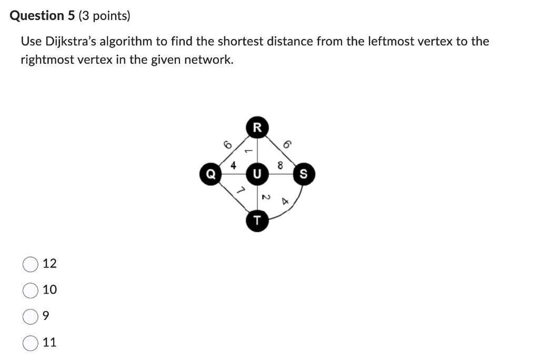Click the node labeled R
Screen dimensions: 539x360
tap(257, 127)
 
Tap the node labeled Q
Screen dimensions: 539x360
tap(211, 173)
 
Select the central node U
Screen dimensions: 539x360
tap(257, 173)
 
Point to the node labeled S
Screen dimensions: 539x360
tap(304, 173)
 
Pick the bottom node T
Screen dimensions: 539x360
tap(257, 219)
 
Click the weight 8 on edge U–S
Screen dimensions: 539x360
tap(280, 165)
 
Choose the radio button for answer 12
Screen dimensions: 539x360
tap(30, 264)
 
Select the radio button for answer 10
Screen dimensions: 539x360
tap(30, 290)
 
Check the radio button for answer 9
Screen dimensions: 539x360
tap(30, 316)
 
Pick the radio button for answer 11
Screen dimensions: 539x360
tap(30, 343)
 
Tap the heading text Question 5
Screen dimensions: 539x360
tap(43, 16)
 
